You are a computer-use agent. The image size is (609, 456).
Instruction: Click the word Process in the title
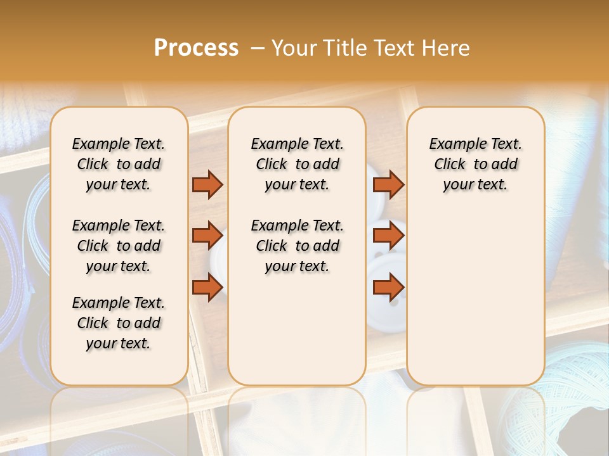tap(196, 48)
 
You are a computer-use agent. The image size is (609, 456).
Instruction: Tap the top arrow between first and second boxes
tap(207, 184)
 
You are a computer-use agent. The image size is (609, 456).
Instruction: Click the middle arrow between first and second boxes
tap(207, 236)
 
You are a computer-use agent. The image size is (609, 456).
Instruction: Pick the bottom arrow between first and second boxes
tap(207, 288)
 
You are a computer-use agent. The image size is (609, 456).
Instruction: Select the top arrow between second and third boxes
tap(388, 184)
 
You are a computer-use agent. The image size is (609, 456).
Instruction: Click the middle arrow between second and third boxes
tap(388, 236)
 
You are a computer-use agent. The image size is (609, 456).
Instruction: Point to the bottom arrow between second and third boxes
tap(388, 288)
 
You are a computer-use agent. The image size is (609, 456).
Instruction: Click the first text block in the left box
tap(119, 164)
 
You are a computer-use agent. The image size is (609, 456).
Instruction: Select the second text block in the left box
tap(119, 246)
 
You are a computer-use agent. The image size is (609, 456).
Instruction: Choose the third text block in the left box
tap(119, 323)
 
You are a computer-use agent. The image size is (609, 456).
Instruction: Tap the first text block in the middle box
tap(297, 164)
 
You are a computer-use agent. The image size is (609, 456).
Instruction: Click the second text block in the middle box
tap(297, 246)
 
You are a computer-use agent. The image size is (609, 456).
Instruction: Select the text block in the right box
tap(475, 164)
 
